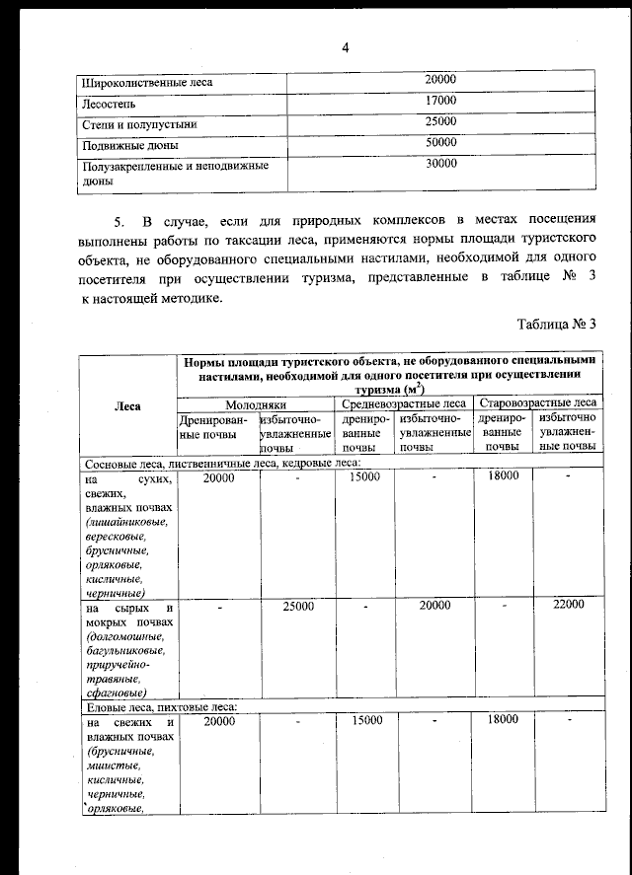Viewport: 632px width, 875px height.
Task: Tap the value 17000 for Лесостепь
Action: (439, 102)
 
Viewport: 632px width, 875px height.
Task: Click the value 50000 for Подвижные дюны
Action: (439, 143)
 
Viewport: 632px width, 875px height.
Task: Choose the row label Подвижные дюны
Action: (122, 145)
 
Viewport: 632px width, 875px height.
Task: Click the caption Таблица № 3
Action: (557, 324)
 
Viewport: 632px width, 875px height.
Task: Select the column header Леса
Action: (127, 404)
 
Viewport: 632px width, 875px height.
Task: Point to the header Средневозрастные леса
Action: (404, 404)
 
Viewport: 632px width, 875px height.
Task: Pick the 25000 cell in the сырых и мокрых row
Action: (298, 606)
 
